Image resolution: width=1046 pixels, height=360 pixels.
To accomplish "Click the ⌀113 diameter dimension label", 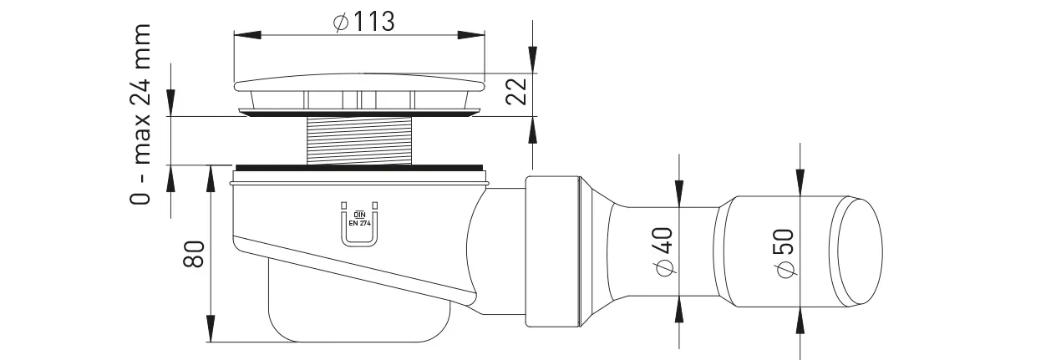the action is (x=364, y=22).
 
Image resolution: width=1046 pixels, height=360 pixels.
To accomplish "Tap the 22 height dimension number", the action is (x=517, y=92).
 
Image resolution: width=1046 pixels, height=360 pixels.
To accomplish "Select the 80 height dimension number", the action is (x=194, y=254).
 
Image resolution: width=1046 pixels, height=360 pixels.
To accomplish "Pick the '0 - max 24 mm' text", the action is (x=140, y=114).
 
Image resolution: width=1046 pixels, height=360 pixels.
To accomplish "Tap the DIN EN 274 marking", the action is (x=359, y=219).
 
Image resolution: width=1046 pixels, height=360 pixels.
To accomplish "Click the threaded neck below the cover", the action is (x=359, y=140).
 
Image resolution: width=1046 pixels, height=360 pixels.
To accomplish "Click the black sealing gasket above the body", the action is (x=359, y=168).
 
